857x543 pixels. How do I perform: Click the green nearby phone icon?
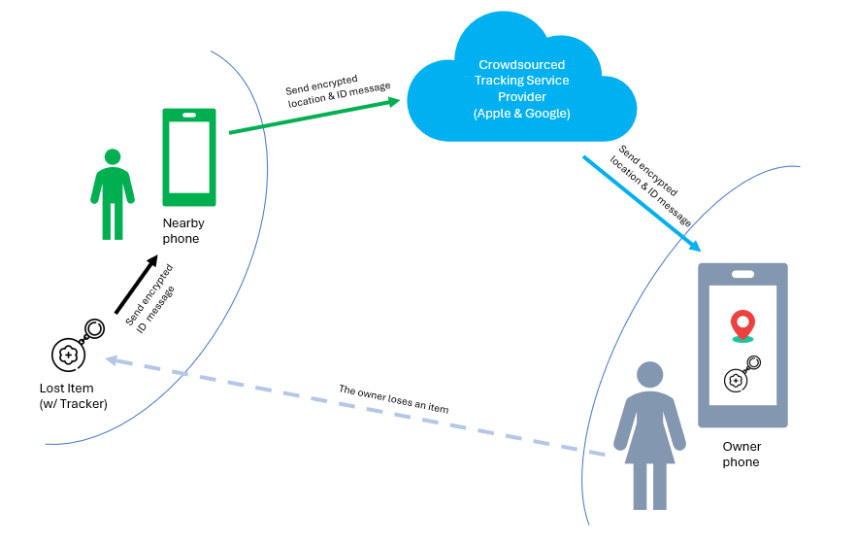tap(188, 157)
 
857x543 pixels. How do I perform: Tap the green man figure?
tap(113, 194)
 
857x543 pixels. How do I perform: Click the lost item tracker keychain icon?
tap(78, 348)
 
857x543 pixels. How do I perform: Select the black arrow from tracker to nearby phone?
tap(136, 286)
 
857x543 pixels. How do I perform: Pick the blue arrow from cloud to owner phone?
tap(641, 203)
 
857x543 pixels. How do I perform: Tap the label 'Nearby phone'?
tap(182, 230)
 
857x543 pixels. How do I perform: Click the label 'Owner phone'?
tap(742, 455)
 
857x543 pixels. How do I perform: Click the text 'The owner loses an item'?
tap(393, 399)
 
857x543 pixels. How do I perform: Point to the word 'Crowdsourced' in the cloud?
tap(521, 64)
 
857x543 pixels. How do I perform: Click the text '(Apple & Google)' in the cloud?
tap(521, 114)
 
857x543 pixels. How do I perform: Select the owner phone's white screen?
tap(742, 345)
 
